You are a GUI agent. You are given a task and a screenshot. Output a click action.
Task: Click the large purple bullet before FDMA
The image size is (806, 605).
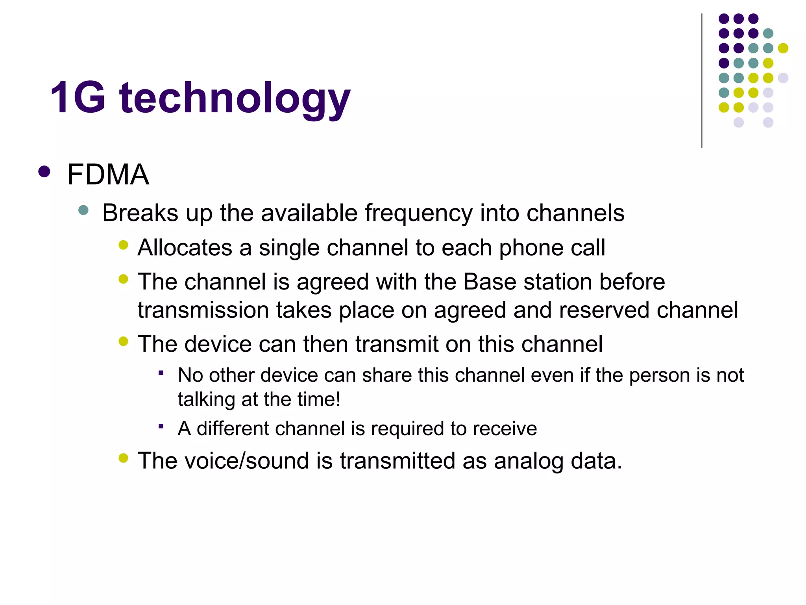point(44,172)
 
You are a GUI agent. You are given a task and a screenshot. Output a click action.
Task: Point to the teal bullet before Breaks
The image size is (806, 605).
point(83,210)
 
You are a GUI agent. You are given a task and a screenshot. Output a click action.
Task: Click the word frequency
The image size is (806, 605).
point(418,214)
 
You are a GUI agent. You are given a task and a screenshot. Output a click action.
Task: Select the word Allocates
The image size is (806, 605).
point(185,248)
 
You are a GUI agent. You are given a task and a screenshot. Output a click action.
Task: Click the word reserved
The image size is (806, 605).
point(604,310)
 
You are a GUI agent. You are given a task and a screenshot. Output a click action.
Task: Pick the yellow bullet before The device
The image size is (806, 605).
point(123,341)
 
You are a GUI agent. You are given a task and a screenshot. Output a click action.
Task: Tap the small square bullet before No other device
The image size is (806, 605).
point(161,373)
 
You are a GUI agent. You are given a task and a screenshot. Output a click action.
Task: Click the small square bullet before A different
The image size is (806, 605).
point(161,426)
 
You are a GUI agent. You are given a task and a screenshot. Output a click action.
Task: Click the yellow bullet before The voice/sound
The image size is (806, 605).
point(123,458)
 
